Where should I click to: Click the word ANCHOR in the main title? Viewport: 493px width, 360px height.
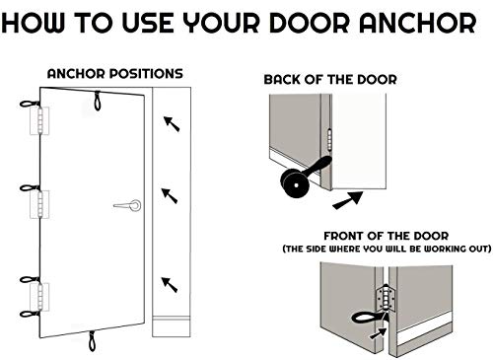coord(417,23)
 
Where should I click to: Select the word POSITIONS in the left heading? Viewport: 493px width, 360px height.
coord(146,74)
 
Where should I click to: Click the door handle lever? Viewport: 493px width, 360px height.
coord(127,205)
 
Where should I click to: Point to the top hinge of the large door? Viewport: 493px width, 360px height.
coord(39,120)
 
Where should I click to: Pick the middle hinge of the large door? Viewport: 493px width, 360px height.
coord(39,204)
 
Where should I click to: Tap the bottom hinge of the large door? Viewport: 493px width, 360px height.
coord(39,297)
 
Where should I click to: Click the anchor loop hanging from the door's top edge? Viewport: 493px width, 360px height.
coord(98,101)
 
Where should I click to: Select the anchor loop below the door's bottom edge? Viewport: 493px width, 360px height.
coord(93,341)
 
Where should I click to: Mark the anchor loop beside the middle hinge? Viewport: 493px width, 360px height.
coord(30,188)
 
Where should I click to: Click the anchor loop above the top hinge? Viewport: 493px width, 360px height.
coord(30,104)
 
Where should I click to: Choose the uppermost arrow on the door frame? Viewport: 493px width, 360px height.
coord(172,123)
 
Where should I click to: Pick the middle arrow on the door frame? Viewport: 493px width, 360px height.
coord(170,195)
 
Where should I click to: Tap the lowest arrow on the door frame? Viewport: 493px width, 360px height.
coord(170,285)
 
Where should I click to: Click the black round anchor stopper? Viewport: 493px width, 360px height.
coord(295,182)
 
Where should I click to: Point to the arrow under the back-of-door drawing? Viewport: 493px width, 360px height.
coord(348,200)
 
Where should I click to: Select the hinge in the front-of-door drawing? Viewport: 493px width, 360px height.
coord(387,298)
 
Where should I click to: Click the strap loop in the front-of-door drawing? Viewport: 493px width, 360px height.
coord(368,318)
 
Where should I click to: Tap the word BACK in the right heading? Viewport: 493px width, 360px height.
coord(282,80)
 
